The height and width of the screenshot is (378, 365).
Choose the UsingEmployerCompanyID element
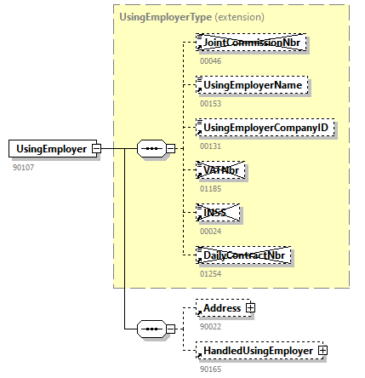(263, 128)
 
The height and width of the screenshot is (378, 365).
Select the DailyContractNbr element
(245, 255)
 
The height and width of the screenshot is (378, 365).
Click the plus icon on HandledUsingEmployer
(322, 350)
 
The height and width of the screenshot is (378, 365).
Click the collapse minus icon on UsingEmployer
(96, 149)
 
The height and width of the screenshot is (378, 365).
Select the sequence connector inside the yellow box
(151, 149)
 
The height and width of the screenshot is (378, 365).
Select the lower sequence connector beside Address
(151, 329)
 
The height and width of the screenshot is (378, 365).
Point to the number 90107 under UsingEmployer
(23, 167)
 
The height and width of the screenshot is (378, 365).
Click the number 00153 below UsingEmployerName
(210, 103)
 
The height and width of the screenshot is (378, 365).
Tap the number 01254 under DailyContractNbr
(210, 273)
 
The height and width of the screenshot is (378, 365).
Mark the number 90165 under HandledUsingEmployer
(209, 368)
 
